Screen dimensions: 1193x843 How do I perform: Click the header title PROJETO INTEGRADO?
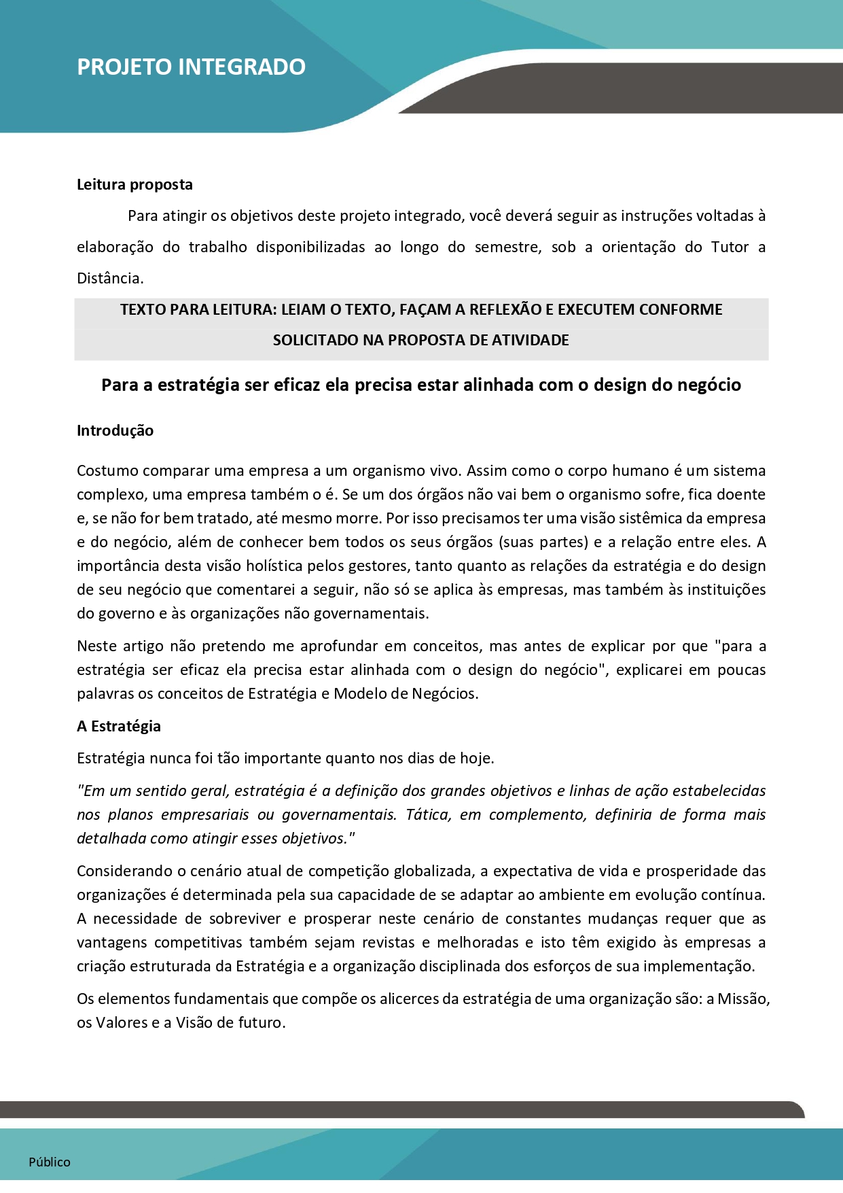click(191, 67)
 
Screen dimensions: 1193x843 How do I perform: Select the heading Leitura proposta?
click(134, 184)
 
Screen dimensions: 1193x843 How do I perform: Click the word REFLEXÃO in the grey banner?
click(494, 309)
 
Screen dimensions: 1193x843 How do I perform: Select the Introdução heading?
click(115, 430)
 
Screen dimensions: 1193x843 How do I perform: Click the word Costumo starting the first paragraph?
click(107, 470)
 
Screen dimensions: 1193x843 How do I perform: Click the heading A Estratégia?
click(119, 726)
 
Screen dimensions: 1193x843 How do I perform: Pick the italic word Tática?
click(428, 814)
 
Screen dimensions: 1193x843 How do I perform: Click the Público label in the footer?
click(50, 1162)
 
